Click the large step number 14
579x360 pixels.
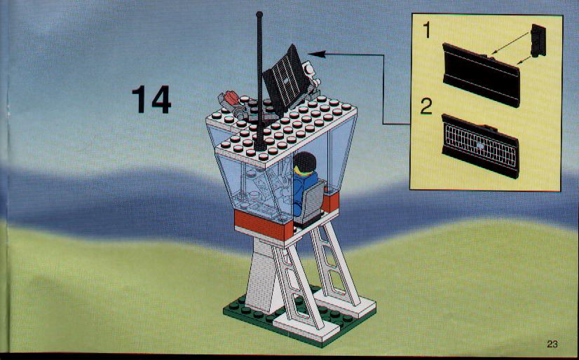click(x=151, y=99)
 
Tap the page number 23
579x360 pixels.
click(x=552, y=344)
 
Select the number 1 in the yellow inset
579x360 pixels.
click(x=426, y=30)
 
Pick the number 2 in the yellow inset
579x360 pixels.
click(x=426, y=106)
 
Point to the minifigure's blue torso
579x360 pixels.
click(x=304, y=188)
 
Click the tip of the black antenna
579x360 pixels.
click(x=259, y=14)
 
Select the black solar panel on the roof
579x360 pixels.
click(x=287, y=81)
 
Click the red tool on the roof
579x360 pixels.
click(x=232, y=98)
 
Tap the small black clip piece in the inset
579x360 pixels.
click(x=538, y=41)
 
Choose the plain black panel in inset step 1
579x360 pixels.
click(x=481, y=75)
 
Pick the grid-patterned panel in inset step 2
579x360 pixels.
click(x=480, y=146)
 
